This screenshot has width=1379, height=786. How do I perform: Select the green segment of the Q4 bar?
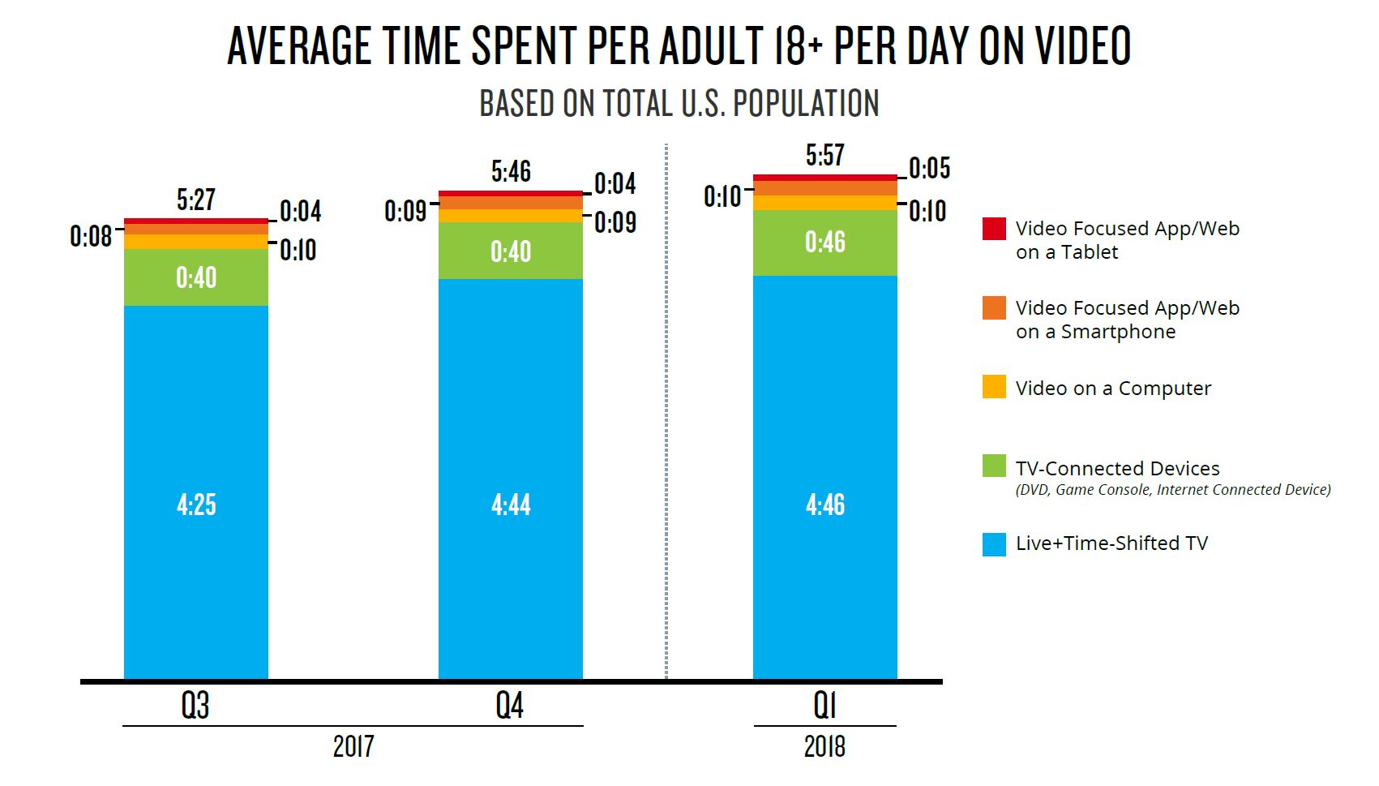pos(511,251)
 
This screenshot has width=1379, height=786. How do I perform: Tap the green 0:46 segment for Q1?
pos(824,243)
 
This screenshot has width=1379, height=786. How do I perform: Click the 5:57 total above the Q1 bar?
pos(824,155)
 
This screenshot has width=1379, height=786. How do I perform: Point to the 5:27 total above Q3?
pos(196,200)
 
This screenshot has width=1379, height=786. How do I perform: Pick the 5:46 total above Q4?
pos(511,171)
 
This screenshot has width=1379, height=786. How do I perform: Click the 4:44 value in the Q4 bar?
pos(511,505)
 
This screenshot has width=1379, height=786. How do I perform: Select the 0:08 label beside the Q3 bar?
pos(91,236)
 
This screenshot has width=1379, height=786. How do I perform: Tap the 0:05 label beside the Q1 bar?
pos(929,169)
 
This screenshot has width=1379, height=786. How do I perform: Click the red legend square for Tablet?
pos(994,229)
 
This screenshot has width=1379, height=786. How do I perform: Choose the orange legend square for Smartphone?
pos(994,308)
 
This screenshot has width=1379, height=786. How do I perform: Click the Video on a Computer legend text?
pos(1113,389)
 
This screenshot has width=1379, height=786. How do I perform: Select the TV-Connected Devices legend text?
pos(1117,468)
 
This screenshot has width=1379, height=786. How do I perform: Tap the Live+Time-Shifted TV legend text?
pos(1111,543)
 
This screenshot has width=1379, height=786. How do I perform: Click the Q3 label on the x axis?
pos(195,706)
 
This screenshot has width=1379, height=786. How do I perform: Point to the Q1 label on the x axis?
pos(824,706)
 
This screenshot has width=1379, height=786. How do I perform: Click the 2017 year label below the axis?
pos(353,746)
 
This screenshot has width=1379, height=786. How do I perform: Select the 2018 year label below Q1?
pos(824,746)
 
